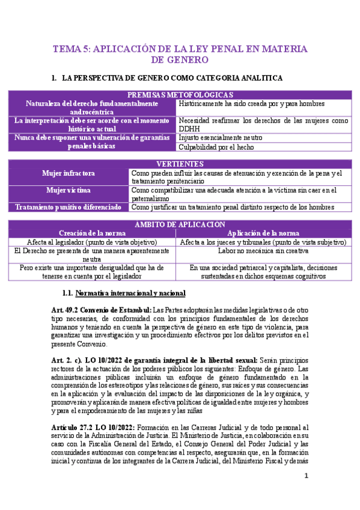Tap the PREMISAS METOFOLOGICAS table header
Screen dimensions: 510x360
(180, 95)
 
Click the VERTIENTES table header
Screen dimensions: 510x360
(180, 164)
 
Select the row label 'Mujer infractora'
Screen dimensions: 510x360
(68, 173)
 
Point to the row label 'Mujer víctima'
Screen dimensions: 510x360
(68, 191)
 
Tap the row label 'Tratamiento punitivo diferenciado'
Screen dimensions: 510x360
(69, 207)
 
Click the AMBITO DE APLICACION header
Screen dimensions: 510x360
(180, 224)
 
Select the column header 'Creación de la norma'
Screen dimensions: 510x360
(92, 233)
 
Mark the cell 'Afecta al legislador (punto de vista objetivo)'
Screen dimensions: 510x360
(92, 242)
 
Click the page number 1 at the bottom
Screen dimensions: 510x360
(306, 476)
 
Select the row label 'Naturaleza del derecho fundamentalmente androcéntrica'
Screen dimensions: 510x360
(92, 108)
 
